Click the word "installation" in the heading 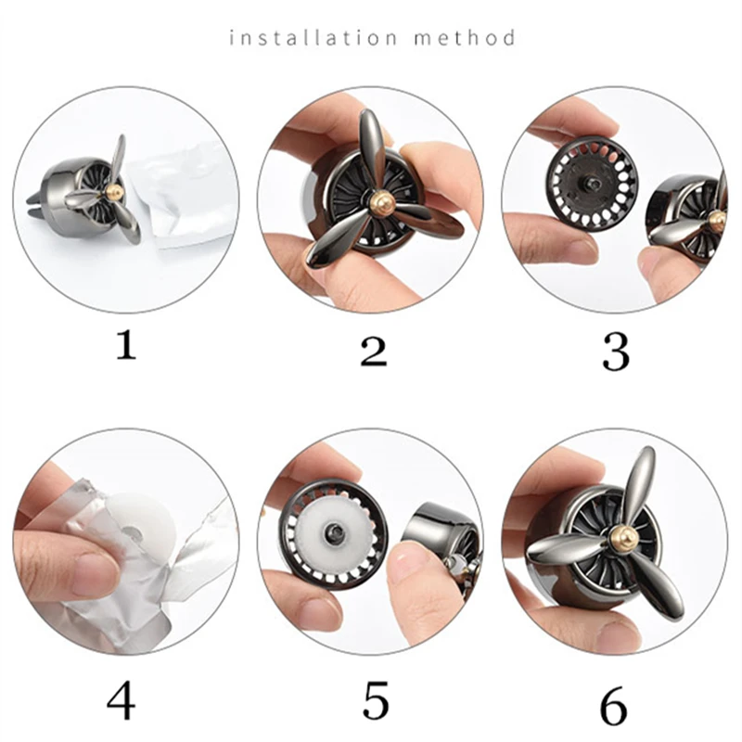pos(313,37)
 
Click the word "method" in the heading pos(465,37)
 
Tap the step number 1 pos(126,345)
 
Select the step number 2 pos(374,351)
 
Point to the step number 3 pos(616,353)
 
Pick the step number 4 pos(122,701)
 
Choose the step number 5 pos(376,700)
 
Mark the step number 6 pos(613,707)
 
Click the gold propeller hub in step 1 pos(115,193)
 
